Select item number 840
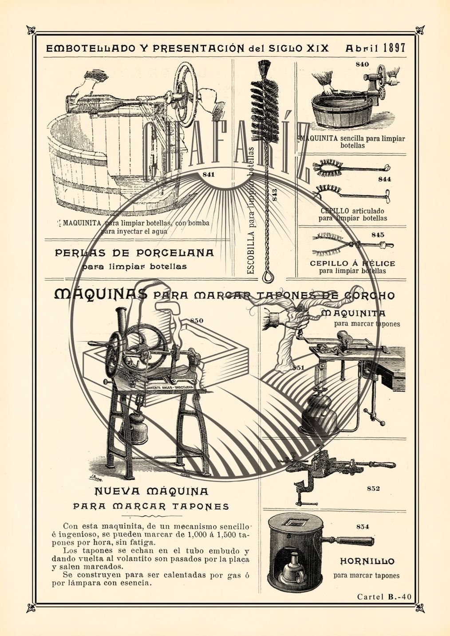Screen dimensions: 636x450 coord(362,64)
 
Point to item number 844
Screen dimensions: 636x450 coord(384,179)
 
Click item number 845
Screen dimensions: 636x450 coord(378,235)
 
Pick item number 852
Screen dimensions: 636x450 coord(373,488)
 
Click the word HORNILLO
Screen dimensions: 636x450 coord(367,561)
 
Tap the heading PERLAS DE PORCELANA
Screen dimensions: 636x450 coord(134,253)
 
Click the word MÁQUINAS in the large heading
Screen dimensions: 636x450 coord(100,294)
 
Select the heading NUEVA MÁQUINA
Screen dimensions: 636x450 coord(151,491)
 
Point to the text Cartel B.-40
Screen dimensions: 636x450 coord(384,597)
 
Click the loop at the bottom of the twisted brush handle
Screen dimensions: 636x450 coord(267,277)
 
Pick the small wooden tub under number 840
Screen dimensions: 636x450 coord(342,111)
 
